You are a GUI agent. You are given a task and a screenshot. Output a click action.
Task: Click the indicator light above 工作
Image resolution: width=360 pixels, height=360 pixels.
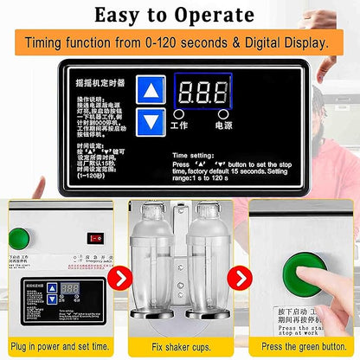point(178,113)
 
